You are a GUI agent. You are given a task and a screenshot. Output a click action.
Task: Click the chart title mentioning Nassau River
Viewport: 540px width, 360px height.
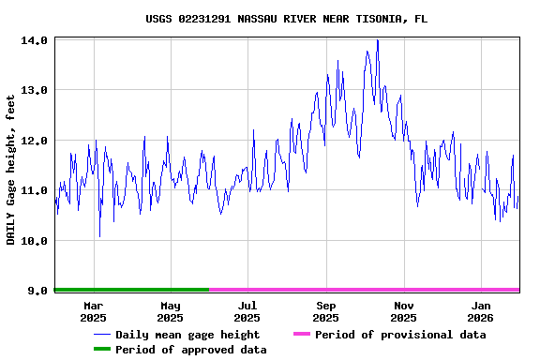[x=287, y=19]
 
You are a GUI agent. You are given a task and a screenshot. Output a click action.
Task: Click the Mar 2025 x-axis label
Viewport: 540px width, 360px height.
[x=94, y=311]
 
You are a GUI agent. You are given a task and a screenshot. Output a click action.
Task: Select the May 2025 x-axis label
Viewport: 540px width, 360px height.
[x=171, y=311]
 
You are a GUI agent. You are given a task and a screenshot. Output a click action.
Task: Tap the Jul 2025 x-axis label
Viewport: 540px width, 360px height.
[x=247, y=311]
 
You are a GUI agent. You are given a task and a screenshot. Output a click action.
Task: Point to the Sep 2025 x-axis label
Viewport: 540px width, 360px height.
[x=326, y=311]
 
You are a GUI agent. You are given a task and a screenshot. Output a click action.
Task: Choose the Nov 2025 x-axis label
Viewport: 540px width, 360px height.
[x=403, y=311]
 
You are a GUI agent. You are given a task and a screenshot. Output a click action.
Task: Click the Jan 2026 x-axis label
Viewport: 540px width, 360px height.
[x=481, y=311]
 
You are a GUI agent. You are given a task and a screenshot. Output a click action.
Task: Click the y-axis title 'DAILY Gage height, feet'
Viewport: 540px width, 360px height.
[x=11, y=170]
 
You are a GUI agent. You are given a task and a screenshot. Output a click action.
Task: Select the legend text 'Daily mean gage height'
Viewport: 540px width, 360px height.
[x=187, y=335]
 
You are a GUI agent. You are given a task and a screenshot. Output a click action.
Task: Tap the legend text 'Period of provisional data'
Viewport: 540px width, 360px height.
[x=400, y=335]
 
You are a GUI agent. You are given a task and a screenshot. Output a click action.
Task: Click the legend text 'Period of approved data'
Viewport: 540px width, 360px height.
[x=191, y=350]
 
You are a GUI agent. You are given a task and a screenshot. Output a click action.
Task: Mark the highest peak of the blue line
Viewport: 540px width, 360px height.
[x=377, y=40]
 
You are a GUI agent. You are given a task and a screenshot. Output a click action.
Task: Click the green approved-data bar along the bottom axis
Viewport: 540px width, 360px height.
[x=131, y=290]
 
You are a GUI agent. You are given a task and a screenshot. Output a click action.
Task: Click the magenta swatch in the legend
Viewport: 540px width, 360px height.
[x=301, y=335]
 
